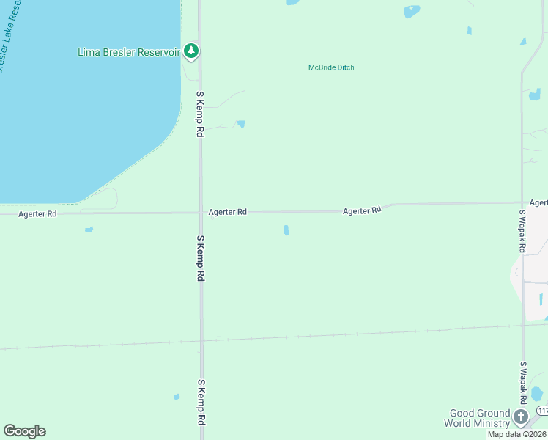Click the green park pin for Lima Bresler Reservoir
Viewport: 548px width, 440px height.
pyautogui.click(x=191, y=51)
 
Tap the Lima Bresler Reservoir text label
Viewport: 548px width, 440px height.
pyautogui.click(x=129, y=52)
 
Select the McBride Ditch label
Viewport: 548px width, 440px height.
pyautogui.click(x=331, y=68)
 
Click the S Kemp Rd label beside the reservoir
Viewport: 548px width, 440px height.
pyautogui.click(x=199, y=114)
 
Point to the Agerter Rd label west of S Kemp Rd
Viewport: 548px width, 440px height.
pyautogui.click(x=37, y=214)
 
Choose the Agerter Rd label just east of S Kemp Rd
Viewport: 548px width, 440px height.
pyautogui.click(x=227, y=212)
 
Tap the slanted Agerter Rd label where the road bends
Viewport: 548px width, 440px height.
pyautogui.click(x=363, y=210)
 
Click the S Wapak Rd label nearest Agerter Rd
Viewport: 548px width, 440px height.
pyautogui.click(x=522, y=232)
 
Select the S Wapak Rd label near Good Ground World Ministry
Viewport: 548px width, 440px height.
pyautogui.click(x=523, y=383)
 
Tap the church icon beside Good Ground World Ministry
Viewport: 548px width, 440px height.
pyautogui.click(x=521, y=417)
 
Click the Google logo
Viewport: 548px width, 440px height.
pyautogui.click(x=24, y=431)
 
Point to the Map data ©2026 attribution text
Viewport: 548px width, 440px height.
pyautogui.click(x=517, y=434)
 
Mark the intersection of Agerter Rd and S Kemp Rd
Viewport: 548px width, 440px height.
pyautogui.click(x=201, y=213)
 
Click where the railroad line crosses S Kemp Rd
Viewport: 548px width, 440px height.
pyautogui.click(x=201, y=340)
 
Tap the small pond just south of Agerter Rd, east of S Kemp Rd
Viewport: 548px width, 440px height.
pyautogui.click(x=286, y=230)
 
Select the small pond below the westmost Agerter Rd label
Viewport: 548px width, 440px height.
pyautogui.click(x=89, y=230)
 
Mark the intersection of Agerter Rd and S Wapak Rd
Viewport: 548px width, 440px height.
pyautogui.click(x=522, y=203)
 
